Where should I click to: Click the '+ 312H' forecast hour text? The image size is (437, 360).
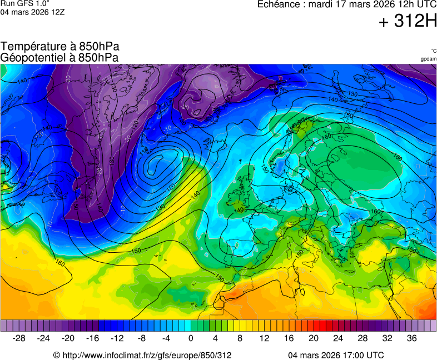click(x=408, y=22)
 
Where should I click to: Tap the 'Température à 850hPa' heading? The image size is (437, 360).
click(x=59, y=47)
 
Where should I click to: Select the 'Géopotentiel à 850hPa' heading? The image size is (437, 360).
click(x=59, y=57)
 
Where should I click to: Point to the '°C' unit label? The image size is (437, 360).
click(x=433, y=51)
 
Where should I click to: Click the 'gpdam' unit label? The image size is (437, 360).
click(x=428, y=58)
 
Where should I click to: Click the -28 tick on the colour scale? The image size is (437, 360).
click(x=19, y=338)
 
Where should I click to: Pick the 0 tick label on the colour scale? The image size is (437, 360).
click(x=191, y=338)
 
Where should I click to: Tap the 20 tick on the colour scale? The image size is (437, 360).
click(x=314, y=338)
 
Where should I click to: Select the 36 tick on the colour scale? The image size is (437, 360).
click(x=411, y=338)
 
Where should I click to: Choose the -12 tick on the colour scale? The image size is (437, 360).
click(x=117, y=338)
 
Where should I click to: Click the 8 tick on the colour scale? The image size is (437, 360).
click(x=240, y=338)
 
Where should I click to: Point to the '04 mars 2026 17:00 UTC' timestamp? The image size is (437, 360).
click(x=336, y=355)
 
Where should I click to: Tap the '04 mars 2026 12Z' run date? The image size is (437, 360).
click(x=32, y=12)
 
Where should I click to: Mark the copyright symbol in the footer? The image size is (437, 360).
click(x=56, y=355)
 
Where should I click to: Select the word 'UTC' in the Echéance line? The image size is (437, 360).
click(x=426, y=4)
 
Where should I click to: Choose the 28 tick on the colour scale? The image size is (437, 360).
click(x=362, y=338)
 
